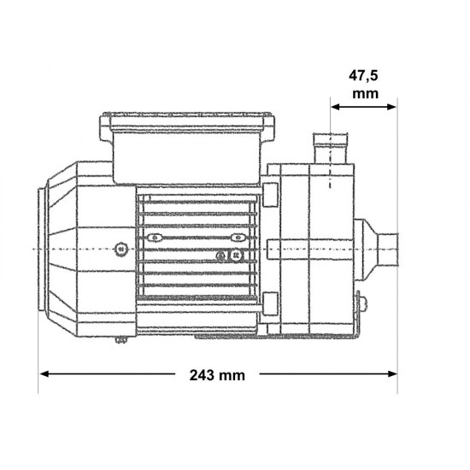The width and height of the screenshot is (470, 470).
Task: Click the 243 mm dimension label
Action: (217, 375)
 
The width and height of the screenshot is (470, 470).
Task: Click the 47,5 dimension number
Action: (363, 75)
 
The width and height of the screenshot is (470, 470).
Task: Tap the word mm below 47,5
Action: (365, 94)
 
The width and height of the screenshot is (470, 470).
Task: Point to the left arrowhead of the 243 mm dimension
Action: (44, 373)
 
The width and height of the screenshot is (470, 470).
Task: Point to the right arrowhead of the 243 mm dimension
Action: (392, 373)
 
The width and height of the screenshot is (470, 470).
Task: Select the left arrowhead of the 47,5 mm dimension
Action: (335, 107)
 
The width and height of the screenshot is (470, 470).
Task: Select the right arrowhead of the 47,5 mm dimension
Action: (392, 107)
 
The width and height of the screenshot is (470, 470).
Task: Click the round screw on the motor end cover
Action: (121, 249)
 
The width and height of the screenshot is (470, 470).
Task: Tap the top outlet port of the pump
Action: (330, 148)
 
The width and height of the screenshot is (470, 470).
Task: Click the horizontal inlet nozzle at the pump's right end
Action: (388, 250)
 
